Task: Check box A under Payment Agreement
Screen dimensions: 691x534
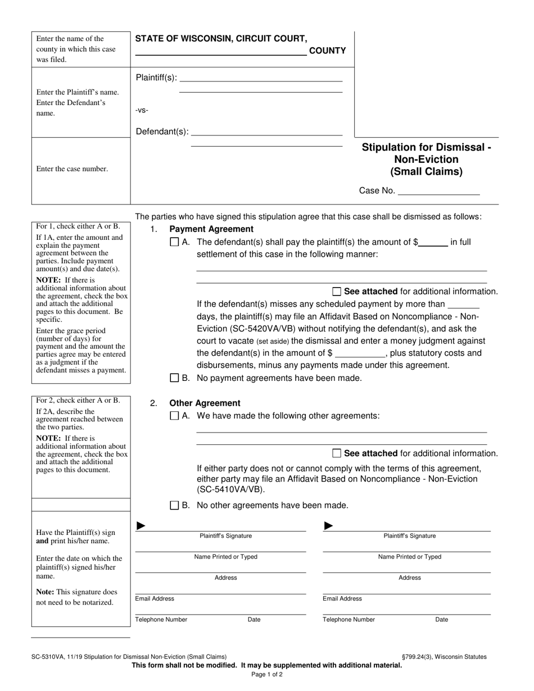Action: (174, 243)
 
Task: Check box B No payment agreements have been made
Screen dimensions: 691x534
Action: (174, 378)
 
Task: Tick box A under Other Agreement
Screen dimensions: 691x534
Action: (174, 416)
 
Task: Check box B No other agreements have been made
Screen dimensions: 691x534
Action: (174, 505)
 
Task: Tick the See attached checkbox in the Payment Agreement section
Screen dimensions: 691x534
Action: (337, 292)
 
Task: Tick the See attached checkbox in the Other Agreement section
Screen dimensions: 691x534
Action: (337, 453)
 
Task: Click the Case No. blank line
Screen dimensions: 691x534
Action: (438, 191)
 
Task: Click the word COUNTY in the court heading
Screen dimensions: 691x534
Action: (328, 51)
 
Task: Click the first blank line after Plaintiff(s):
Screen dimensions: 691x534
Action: (260, 78)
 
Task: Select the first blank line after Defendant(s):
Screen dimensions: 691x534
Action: (266, 132)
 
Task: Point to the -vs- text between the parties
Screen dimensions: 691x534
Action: (142, 110)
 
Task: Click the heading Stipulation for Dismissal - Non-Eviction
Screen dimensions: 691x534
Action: (426, 160)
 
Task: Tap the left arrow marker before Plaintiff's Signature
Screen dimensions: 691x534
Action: (142, 526)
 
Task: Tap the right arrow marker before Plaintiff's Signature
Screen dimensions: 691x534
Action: (329, 526)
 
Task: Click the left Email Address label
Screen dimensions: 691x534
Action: (155, 599)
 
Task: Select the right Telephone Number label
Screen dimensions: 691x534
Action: (349, 620)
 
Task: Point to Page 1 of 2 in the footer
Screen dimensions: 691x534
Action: (267, 675)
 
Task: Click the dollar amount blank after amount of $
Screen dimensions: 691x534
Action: (433, 243)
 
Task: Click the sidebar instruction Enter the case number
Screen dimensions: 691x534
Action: (72, 169)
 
